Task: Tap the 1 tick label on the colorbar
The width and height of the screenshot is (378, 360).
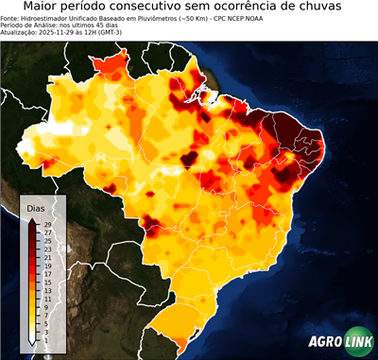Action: (46, 339)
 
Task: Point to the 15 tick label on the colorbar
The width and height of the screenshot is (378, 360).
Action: (46, 282)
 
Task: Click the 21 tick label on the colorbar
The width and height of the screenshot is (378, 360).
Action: (46, 257)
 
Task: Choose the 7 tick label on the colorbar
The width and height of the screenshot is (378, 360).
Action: (46, 315)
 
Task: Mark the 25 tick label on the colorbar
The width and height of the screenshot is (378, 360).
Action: (46, 240)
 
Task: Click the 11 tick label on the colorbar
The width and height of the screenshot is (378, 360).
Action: (46, 299)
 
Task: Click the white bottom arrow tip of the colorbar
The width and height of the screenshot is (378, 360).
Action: (33, 341)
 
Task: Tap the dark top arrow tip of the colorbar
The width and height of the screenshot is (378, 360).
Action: (33, 220)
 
